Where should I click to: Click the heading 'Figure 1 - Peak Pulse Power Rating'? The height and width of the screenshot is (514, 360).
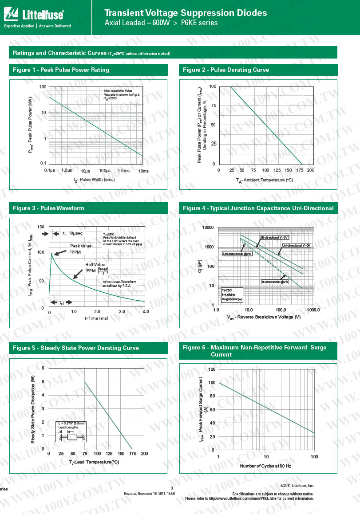pyautogui.click(x=61, y=70)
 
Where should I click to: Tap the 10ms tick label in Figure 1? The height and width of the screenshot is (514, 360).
pyautogui.click(x=143, y=171)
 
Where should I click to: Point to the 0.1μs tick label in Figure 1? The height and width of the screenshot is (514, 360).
pyautogui.click(x=49, y=170)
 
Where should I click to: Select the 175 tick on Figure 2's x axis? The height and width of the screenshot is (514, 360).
pyautogui.click(x=302, y=170)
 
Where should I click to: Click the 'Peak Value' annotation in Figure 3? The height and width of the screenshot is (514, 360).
pyautogui.click(x=81, y=246)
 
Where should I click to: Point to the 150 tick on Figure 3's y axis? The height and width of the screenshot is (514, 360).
pyautogui.click(x=41, y=227)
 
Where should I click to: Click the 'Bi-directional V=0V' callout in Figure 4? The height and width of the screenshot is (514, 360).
pyautogui.click(x=275, y=238)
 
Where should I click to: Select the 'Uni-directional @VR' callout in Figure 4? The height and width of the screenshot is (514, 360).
pyautogui.click(x=237, y=254)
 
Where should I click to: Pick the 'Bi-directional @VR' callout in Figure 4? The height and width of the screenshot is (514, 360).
pyautogui.click(x=275, y=282)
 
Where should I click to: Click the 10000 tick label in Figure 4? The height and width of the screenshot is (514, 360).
pyautogui.click(x=207, y=228)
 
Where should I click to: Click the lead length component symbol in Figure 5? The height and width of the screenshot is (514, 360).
pyautogui.click(x=71, y=437)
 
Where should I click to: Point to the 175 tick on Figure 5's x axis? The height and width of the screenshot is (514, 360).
pyautogui.click(x=132, y=454)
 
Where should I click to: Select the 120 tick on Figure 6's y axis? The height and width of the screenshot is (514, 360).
pyautogui.click(x=211, y=369)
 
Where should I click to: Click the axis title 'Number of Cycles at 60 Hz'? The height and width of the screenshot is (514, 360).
pyautogui.click(x=265, y=466)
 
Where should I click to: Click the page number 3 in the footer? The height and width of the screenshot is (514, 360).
pyautogui.click(x=171, y=488)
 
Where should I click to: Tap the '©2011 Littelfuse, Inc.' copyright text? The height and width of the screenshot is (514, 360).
pyautogui.click(x=297, y=486)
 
